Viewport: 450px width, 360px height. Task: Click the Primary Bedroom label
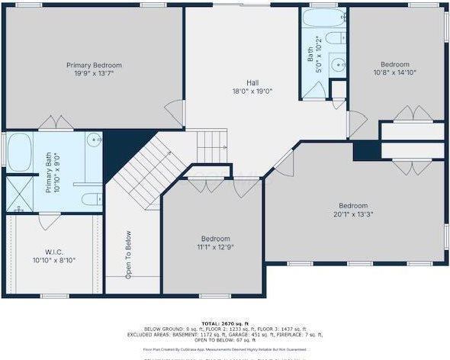click(94, 66)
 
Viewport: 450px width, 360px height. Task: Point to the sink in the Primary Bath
click(94, 140)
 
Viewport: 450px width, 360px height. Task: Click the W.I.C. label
click(53, 251)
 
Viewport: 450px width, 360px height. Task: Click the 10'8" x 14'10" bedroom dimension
click(395, 73)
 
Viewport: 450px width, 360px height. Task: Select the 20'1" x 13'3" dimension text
click(353, 214)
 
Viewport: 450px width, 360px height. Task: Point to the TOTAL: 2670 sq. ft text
click(226, 323)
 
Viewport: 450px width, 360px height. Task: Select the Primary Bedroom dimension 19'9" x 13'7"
click(94, 74)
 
